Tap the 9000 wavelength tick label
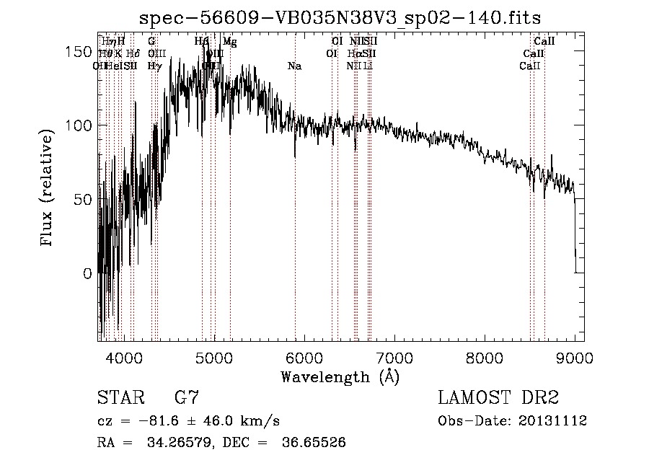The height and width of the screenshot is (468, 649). [575, 356]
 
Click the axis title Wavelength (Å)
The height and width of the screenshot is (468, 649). [340, 376]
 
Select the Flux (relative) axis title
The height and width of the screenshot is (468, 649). [48, 189]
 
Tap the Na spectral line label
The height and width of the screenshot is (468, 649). [294, 66]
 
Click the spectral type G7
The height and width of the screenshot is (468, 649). [186, 397]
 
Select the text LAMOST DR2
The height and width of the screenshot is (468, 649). [498, 397]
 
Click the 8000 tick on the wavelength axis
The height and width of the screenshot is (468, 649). [485, 356]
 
